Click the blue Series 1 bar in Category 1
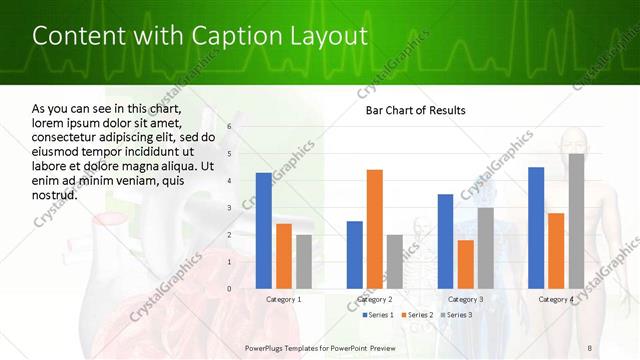[x=264, y=231]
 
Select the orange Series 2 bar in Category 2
[x=374, y=229]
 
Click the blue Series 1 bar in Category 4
[x=536, y=228]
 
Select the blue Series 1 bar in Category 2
[x=354, y=255]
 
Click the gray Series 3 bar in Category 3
[x=485, y=248]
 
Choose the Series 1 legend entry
[x=377, y=315]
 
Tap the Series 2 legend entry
[x=416, y=315]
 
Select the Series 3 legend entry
[x=455, y=315]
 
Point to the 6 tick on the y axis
[x=229, y=127]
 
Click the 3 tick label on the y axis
[x=229, y=208]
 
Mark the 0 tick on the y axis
[x=229, y=289]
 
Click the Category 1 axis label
[x=284, y=299]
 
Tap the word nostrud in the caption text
[x=55, y=195]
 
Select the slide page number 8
[x=589, y=347]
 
